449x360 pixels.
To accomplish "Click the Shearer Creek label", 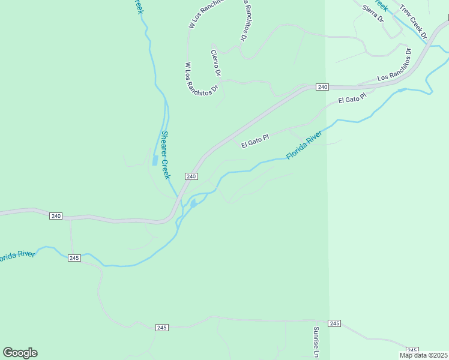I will (x=165, y=155).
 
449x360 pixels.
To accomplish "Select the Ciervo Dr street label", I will (x=216, y=63).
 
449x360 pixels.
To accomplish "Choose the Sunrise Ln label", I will (x=316, y=342).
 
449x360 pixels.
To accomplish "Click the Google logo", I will (x=20, y=353).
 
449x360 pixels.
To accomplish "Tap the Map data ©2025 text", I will (x=423, y=355).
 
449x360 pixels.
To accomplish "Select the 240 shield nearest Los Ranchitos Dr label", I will (x=322, y=87).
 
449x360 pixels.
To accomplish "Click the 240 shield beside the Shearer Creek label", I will (x=191, y=176).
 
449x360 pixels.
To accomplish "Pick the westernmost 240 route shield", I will (x=56, y=216).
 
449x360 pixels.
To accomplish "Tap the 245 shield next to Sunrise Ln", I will (x=334, y=323).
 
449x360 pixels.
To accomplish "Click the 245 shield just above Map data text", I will (x=412, y=350).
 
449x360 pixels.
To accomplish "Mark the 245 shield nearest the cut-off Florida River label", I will (x=74, y=258).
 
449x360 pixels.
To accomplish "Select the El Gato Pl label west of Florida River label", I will (x=255, y=141).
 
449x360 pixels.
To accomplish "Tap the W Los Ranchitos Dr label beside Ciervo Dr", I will (x=200, y=77).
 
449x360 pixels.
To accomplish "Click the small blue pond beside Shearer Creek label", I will (x=155, y=161).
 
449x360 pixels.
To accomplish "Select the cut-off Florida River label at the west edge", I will (x=17, y=256).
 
